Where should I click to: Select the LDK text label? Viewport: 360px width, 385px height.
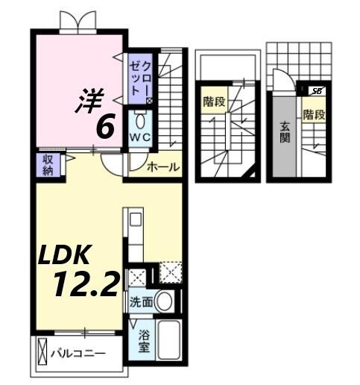(x=65, y=256)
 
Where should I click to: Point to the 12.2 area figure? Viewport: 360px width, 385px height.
(x=85, y=284)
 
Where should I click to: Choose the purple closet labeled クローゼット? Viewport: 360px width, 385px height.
(x=139, y=77)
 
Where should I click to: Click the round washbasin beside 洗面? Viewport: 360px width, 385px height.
(x=165, y=301)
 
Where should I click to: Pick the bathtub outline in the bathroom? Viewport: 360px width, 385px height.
(x=168, y=339)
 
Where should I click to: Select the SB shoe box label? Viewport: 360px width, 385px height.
(x=317, y=91)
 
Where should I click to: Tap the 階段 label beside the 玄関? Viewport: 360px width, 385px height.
(x=313, y=115)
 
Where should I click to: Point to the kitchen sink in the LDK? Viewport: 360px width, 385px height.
(x=135, y=219)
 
